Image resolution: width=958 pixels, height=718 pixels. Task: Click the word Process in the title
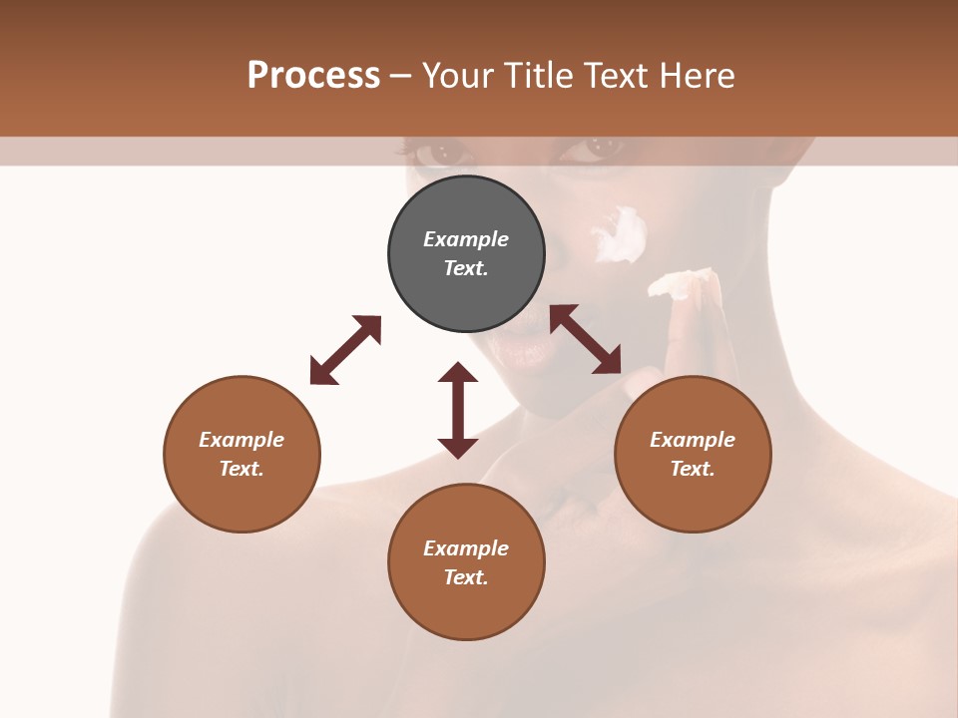[313, 76]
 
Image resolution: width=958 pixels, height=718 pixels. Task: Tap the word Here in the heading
[697, 76]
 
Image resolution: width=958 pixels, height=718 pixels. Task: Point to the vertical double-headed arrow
[458, 410]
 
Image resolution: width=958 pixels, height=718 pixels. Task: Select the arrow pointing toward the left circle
[345, 350]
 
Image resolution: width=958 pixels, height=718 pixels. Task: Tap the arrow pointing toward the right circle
[585, 339]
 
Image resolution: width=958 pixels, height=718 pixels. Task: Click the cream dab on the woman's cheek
[621, 235]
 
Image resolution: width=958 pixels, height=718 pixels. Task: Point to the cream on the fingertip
[682, 283]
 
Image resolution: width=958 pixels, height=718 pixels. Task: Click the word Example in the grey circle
[466, 239]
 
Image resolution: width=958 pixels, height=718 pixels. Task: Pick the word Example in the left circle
[241, 440]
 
